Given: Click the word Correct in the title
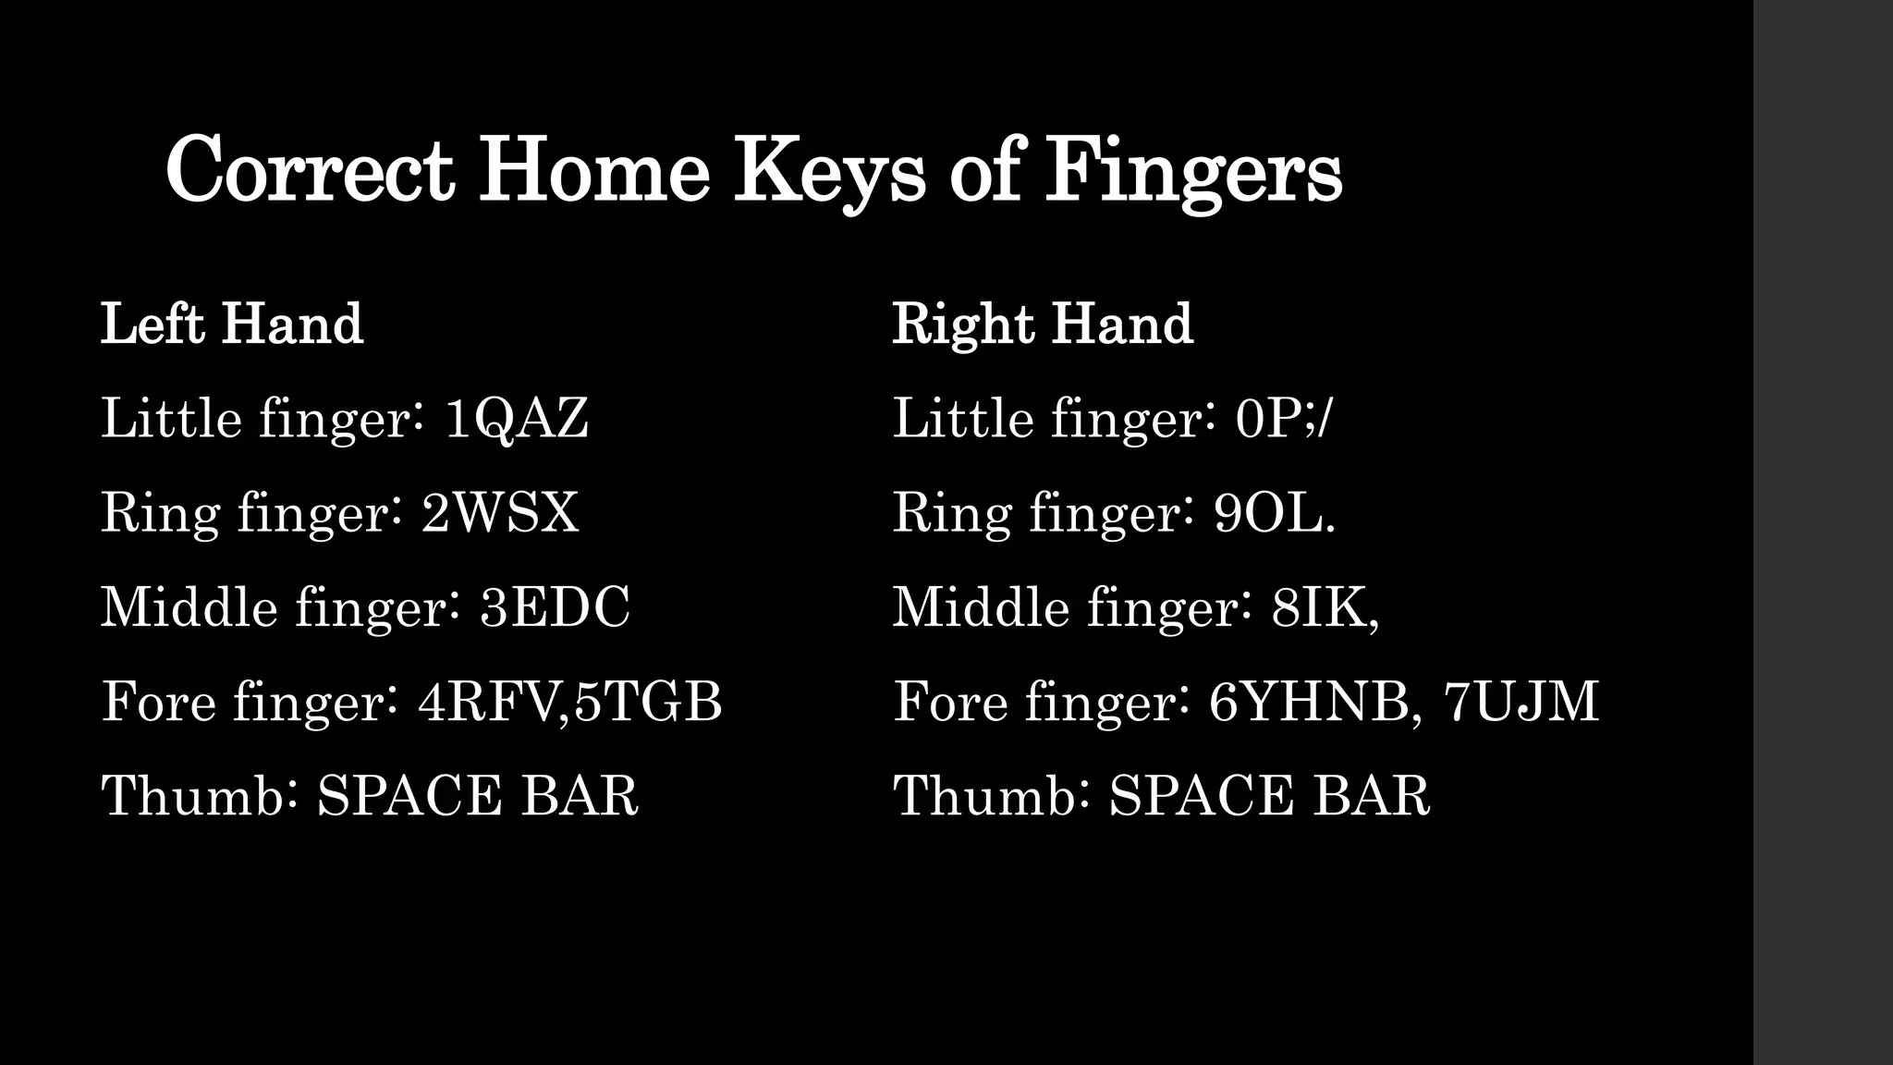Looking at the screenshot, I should click(310, 171).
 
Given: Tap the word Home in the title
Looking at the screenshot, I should click(594, 171).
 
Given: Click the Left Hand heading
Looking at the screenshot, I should click(232, 324).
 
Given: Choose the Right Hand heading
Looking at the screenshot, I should click(1043, 324).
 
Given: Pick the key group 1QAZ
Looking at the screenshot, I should click(516, 419).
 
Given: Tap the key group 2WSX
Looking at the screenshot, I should click(500, 513).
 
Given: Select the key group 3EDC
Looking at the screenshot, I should click(555, 607).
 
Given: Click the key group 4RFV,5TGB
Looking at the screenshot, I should click(569, 702).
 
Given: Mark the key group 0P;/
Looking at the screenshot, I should click(1284, 419).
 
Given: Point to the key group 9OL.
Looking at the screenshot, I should click(1275, 513).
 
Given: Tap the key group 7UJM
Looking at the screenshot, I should click(1521, 702).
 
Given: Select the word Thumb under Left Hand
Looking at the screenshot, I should click(195, 796).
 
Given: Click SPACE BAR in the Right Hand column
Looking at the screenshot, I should click(1269, 796).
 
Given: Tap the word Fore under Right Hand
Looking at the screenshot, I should click(949, 702).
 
